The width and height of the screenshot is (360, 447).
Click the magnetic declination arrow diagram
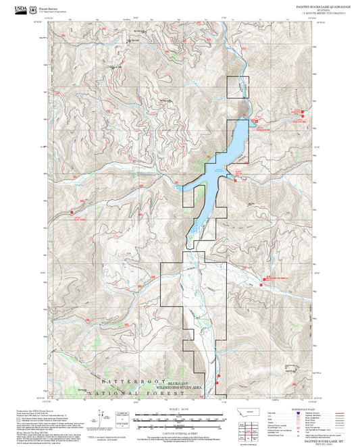[101, 417]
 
